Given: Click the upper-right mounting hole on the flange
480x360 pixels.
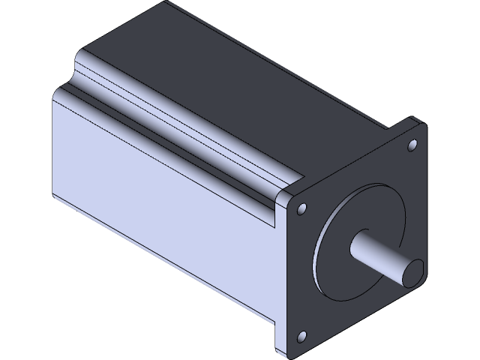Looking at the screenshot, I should (412, 143).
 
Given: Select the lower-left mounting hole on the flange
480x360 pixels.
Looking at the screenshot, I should (302, 336).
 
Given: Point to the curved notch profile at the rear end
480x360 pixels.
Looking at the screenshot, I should (75, 71).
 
